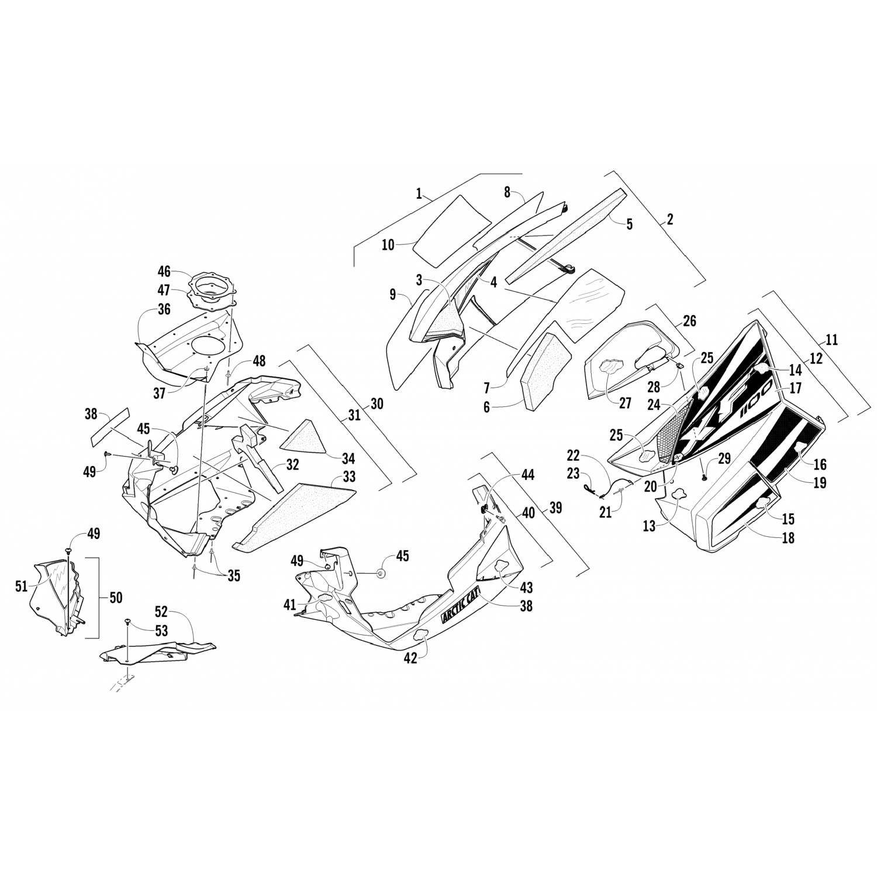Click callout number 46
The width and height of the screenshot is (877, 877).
point(164,271)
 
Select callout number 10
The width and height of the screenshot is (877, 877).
point(388,245)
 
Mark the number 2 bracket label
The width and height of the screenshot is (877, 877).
point(670,220)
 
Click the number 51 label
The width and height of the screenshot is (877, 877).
point(21,585)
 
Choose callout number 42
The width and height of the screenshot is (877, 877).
point(410,658)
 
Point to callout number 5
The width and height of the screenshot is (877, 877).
point(629,224)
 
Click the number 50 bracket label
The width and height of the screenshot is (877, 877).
point(116,598)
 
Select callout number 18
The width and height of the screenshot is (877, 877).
point(788,538)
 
